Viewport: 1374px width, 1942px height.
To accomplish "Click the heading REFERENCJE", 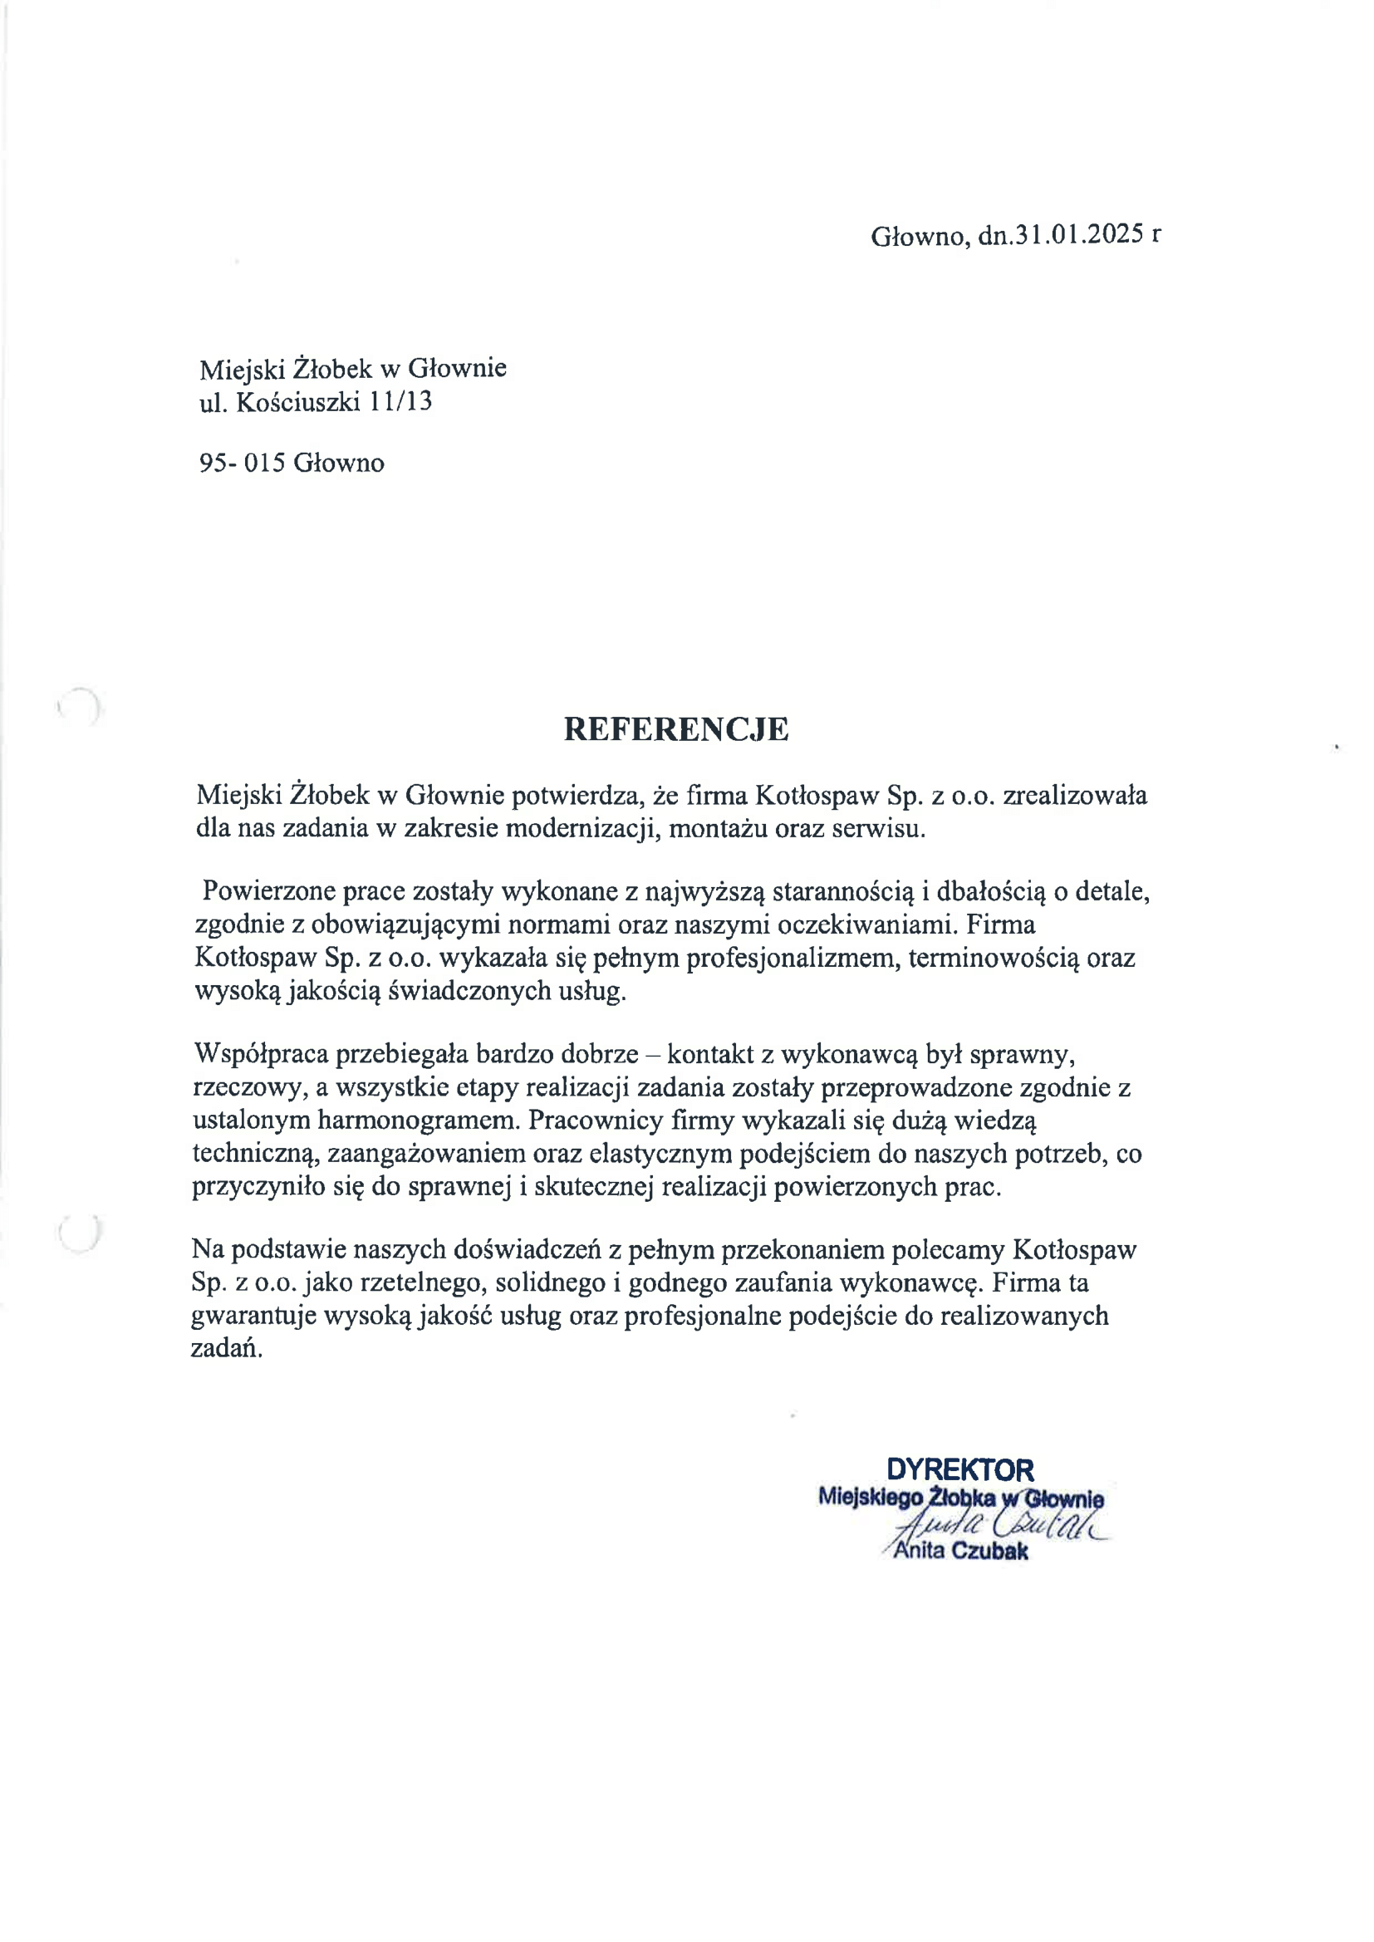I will tap(676, 729).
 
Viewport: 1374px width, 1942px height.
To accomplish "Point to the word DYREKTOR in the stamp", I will tap(960, 1469).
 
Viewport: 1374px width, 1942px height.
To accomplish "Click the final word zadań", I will tap(226, 1348).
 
